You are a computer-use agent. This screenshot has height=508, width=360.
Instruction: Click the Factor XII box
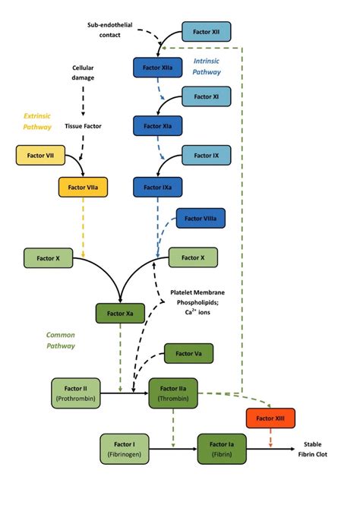point(206,32)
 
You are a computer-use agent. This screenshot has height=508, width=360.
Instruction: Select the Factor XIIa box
point(157,67)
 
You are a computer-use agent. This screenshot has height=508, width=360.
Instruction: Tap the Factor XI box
point(206,97)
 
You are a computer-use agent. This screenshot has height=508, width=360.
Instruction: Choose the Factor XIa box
point(157,125)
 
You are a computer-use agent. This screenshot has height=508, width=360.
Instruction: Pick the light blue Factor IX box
point(206,156)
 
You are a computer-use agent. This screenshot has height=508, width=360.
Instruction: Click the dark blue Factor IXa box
point(157,185)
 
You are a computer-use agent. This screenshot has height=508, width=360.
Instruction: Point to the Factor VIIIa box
point(201,219)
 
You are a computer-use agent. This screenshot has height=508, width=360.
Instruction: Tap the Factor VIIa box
point(83,185)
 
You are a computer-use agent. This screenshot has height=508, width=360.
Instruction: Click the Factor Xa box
point(120,313)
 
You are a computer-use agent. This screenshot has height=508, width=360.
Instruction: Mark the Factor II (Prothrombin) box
point(75,393)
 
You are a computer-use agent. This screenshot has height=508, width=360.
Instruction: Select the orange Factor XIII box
point(270,418)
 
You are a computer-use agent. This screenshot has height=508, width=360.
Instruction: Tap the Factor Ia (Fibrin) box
point(222,449)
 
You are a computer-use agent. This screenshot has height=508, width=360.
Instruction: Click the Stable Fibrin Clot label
point(317,449)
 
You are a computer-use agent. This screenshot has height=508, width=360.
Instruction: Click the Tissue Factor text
point(83,126)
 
